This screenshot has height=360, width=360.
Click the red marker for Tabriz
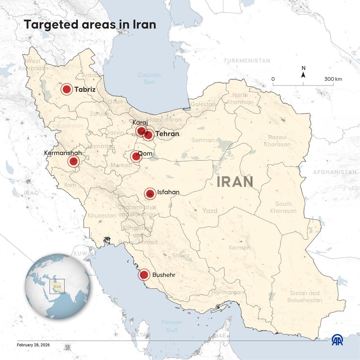(67, 89)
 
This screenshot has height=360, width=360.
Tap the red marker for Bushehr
(144, 274)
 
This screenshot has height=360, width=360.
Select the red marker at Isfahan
(150, 193)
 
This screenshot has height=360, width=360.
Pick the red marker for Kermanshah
(74, 161)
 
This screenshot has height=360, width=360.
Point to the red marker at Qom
(136, 156)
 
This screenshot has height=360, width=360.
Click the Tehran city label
(167, 134)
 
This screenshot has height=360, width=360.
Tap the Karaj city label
(140, 123)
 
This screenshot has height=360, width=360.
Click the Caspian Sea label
(149, 78)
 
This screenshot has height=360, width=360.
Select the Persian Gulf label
(172, 326)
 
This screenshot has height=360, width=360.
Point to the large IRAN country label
(235, 182)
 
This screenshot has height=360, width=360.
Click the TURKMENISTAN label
(247, 61)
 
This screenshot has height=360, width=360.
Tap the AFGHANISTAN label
(335, 172)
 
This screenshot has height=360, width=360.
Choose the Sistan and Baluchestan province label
(304, 297)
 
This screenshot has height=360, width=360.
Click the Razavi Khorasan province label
(277, 141)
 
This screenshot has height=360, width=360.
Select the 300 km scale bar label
(333, 79)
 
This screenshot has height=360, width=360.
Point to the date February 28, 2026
(33, 345)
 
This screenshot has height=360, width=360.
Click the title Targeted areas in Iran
(90, 25)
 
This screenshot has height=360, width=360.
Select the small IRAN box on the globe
(57, 287)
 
